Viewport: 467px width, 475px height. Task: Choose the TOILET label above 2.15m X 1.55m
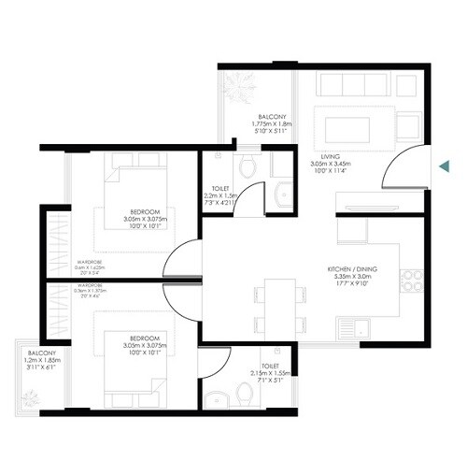(x=269, y=367)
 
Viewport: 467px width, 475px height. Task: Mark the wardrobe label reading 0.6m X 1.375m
(x=90, y=290)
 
